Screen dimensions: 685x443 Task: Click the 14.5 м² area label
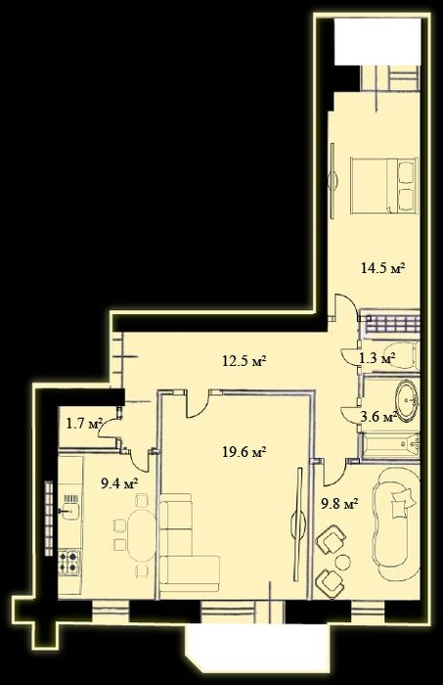[x=384, y=267]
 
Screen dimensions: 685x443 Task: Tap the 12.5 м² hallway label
[x=244, y=361]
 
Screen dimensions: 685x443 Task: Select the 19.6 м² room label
[x=244, y=451]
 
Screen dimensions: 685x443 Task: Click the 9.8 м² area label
[x=338, y=504]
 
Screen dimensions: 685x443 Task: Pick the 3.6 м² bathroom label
[x=377, y=417]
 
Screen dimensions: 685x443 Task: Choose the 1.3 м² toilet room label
[x=377, y=359]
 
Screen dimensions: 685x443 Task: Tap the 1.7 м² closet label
[x=84, y=424]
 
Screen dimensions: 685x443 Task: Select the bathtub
[x=391, y=446]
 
